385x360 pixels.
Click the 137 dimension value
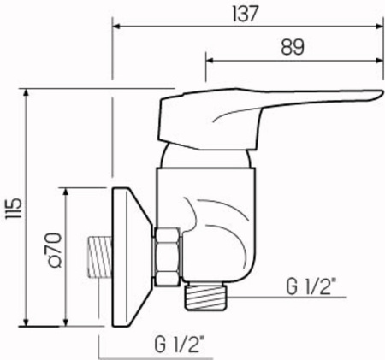246,14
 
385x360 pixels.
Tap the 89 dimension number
293,47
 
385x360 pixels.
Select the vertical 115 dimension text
13,208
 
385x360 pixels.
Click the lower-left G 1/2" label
180,344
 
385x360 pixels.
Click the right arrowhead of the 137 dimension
379,27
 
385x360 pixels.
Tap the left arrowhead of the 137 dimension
116,27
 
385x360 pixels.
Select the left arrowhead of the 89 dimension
210,61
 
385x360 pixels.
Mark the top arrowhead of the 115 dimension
26,92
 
